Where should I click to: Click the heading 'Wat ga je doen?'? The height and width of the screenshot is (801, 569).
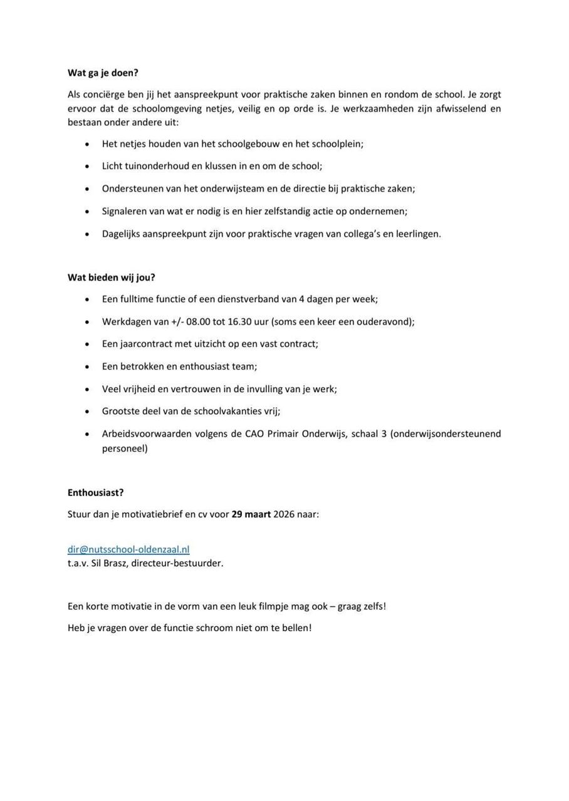pos(103,73)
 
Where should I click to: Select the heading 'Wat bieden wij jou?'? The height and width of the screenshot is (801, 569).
pos(111,277)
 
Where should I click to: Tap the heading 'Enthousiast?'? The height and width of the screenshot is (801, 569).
pos(95,493)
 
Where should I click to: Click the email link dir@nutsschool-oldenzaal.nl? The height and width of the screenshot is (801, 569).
pos(128,549)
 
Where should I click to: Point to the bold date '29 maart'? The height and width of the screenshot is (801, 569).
pos(251,514)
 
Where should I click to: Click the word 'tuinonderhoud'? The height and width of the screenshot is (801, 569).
pos(157,166)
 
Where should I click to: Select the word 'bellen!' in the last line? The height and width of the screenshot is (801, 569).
pos(296,628)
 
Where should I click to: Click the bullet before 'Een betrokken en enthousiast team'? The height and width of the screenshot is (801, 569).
pos(87,366)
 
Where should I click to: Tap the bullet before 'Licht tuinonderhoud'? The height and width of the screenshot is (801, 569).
pos(87,167)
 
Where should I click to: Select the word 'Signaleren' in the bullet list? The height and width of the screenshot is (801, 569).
pos(124,211)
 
